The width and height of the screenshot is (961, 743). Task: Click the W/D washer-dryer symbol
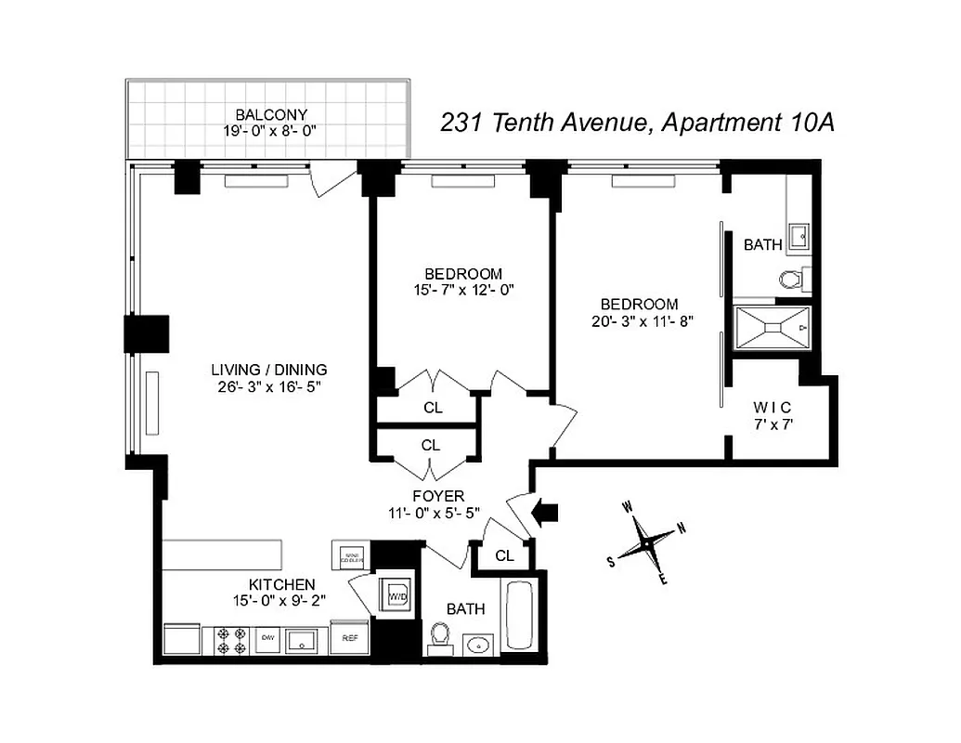[x=397, y=593]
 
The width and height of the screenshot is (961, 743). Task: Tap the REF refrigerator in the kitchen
[x=350, y=638]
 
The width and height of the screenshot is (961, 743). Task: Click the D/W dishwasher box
[x=267, y=638]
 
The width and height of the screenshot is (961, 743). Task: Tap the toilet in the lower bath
[x=440, y=639]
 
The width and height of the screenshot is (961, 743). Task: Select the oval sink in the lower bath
[x=479, y=644]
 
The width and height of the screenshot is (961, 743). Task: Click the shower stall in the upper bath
[x=773, y=327]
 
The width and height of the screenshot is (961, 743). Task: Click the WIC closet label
[x=773, y=407]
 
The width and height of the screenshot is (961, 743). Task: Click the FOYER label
[x=439, y=496]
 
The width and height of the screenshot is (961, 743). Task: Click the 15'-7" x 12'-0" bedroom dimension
[x=463, y=290]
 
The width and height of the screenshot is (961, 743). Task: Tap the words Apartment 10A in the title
[x=747, y=123]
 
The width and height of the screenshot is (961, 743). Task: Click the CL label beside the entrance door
[x=504, y=556]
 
